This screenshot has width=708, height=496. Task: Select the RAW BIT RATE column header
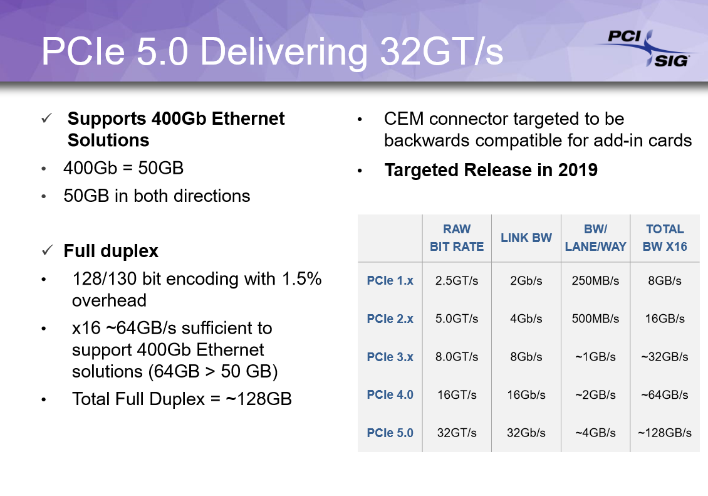(x=457, y=238)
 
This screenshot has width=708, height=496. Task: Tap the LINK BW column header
(x=526, y=238)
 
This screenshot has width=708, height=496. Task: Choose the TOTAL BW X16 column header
(x=665, y=238)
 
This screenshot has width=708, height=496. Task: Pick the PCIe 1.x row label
(x=390, y=280)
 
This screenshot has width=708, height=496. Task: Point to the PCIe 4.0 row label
(x=390, y=395)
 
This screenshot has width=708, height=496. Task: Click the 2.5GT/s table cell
(x=457, y=280)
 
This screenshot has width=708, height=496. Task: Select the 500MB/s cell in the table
(x=595, y=319)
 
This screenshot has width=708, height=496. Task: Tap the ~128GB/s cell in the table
(x=665, y=433)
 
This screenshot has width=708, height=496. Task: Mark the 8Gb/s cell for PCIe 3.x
(x=526, y=357)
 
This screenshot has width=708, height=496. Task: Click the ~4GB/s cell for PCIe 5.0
(x=595, y=433)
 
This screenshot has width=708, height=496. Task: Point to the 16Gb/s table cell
(x=526, y=395)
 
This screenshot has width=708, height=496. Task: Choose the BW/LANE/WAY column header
(x=595, y=238)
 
